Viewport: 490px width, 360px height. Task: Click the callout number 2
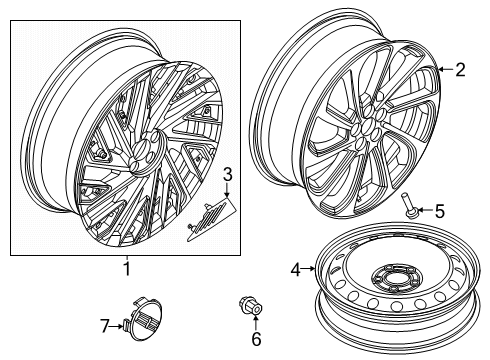[x=461, y=70]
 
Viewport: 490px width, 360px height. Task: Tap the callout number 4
[x=296, y=268]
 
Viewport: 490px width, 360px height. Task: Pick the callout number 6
[x=254, y=339]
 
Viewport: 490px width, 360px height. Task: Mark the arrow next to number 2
[x=446, y=70]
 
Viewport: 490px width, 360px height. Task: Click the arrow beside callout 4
[x=310, y=268]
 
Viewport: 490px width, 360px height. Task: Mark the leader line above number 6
[x=254, y=324]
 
